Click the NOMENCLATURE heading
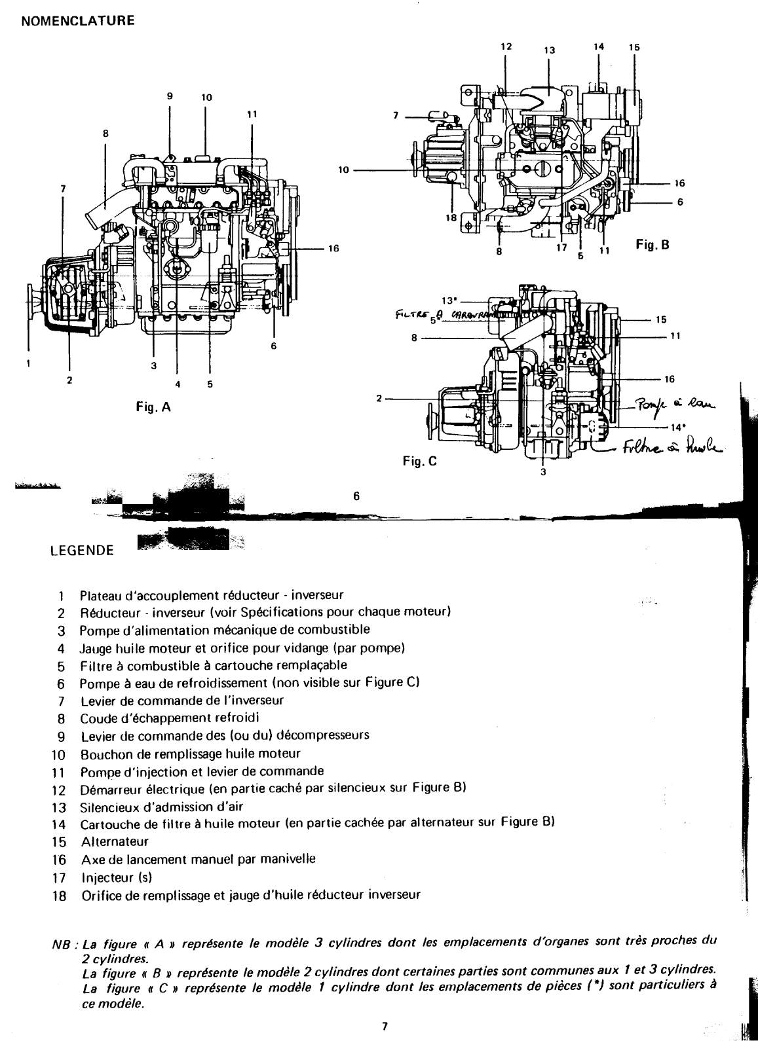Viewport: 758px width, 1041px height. [78, 21]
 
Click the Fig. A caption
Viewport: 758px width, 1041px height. [153, 407]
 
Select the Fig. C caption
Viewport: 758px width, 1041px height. [419, 461]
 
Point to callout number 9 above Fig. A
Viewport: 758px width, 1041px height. [169, 96]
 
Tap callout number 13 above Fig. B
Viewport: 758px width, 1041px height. [549, 50]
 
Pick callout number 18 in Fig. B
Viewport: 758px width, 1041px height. [451, 219]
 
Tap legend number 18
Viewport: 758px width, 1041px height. [59, 894]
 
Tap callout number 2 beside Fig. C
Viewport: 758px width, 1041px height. [379, 398]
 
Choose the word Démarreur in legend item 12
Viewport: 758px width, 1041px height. [109, 788]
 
